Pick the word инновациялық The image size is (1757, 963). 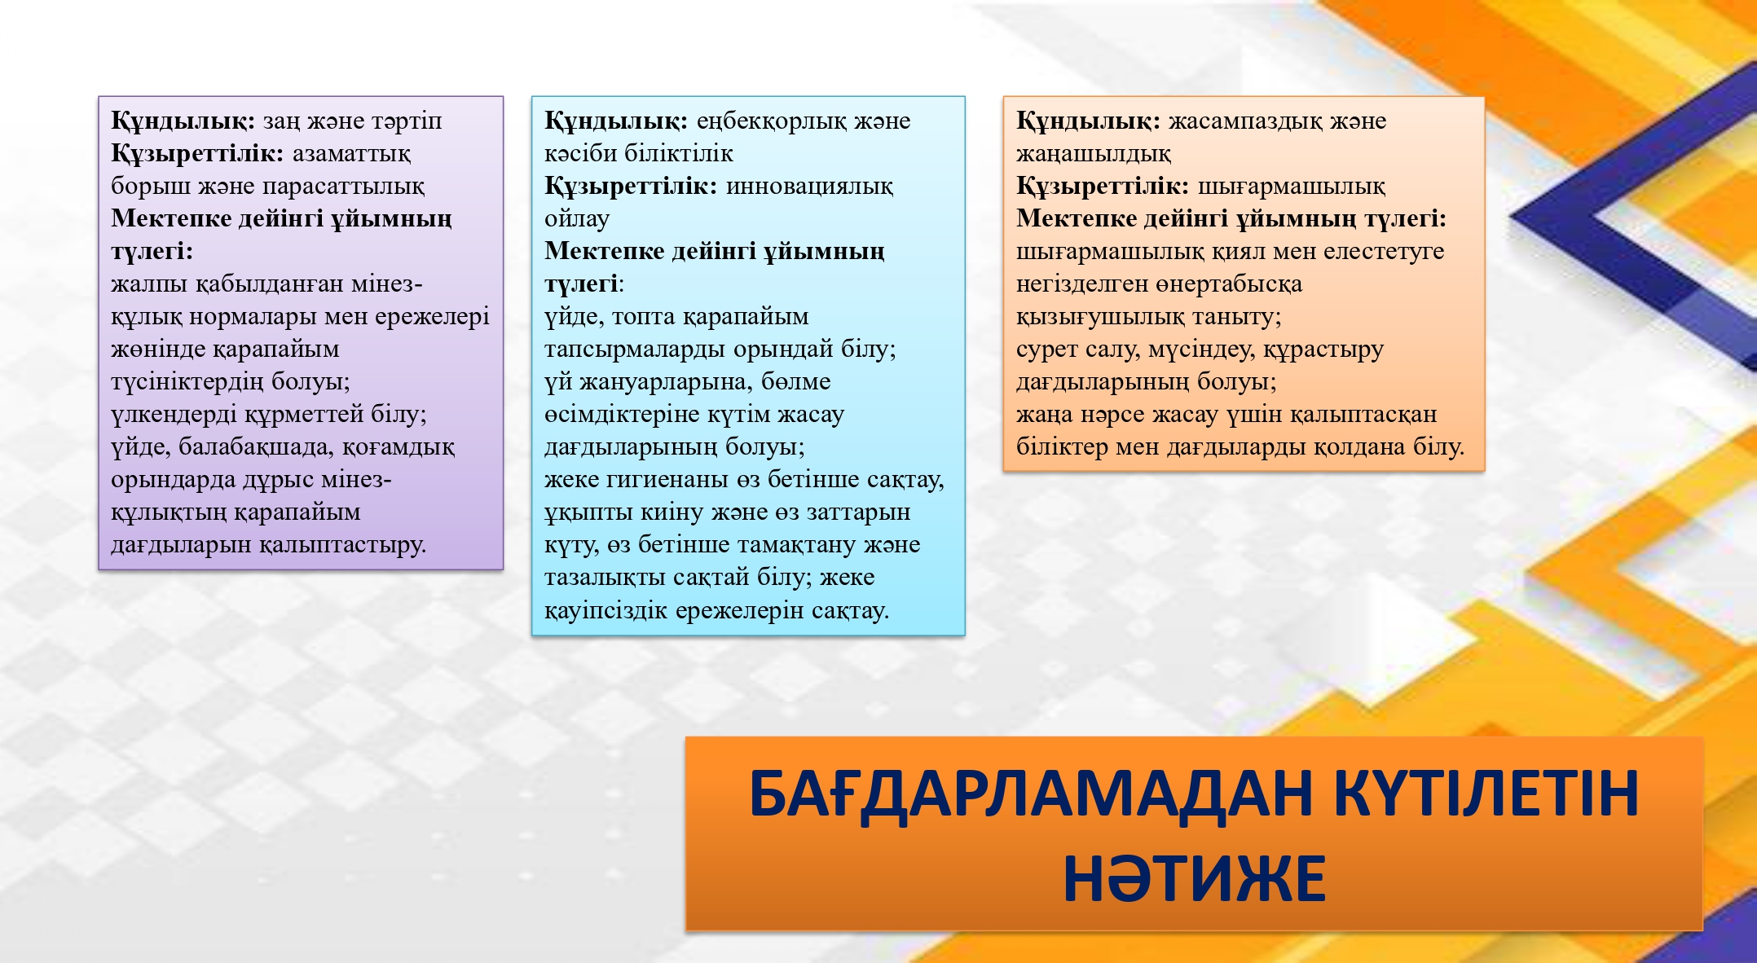(x=809, y=187)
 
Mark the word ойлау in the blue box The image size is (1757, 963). (x=577, y=219)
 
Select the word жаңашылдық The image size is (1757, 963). (x=1094, y=154)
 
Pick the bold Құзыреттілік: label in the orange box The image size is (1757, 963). (x=1103, y=187)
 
